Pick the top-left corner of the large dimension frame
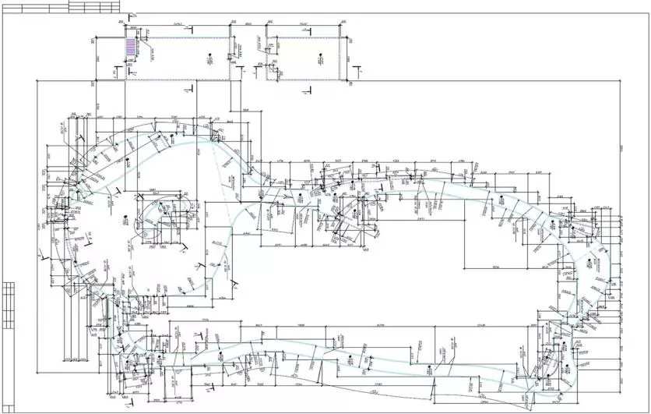[x=37, y=80]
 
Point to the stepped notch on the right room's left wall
[x=269, y=69]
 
